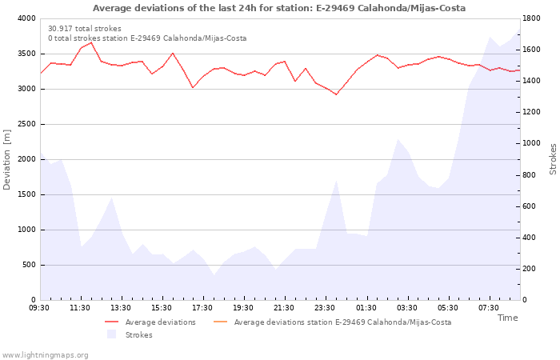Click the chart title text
[x=279, y=8]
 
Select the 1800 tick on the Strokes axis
[x=534, y=18]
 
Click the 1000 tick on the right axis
[x=534, y=143]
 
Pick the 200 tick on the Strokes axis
[x=531, y=269]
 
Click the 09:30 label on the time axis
[x=40, y=308]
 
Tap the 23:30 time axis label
[x=326, y=308]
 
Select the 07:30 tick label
[x=489, y=308]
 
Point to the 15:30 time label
[x=162, y=308]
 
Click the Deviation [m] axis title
[x=8, y=159]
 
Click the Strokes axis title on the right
[x=553, y=159]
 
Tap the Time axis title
[x=507, y=318]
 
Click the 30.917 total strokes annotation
[x=85, y=29]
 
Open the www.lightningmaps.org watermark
[x=45, y=355]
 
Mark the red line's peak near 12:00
[x=90, y=42]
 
